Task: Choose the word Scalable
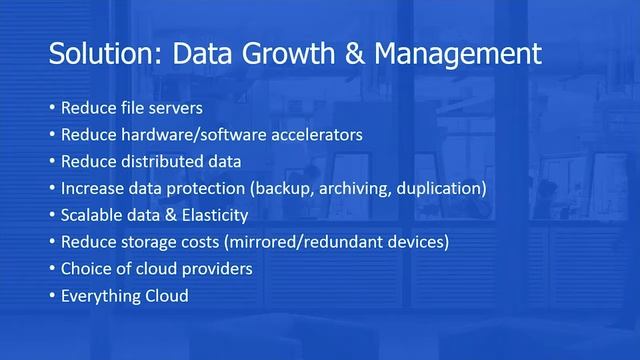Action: (x=91, y=215)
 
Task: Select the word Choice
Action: (x=85, y=269)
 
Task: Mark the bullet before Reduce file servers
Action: (x=52, y=108)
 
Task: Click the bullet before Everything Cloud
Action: (x=52, y=296)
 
